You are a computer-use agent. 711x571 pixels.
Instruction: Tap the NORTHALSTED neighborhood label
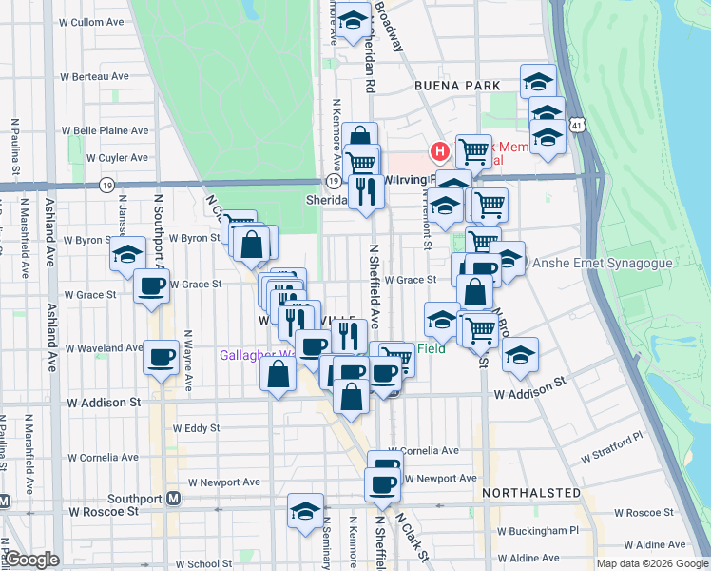pos(530,493)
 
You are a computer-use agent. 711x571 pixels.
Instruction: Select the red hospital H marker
pos(439,150)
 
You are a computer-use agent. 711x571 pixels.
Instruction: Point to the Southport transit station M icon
pos(173,498)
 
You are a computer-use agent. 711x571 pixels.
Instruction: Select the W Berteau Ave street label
pos(95,76)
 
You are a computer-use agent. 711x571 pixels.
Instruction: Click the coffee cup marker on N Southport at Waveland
pos(161,358)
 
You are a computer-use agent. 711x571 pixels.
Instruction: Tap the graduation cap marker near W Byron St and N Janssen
pos(127,253)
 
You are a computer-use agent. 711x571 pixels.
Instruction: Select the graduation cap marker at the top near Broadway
pos(352,21)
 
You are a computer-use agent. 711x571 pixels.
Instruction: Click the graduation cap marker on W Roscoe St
pos(305,510)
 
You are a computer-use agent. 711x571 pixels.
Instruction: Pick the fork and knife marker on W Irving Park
pos(366,192)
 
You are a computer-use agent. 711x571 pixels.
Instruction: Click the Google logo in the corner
pos(31,560)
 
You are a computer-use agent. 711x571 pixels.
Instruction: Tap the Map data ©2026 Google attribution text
pos(652,563)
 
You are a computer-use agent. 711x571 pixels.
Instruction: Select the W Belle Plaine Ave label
pos(106,130)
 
